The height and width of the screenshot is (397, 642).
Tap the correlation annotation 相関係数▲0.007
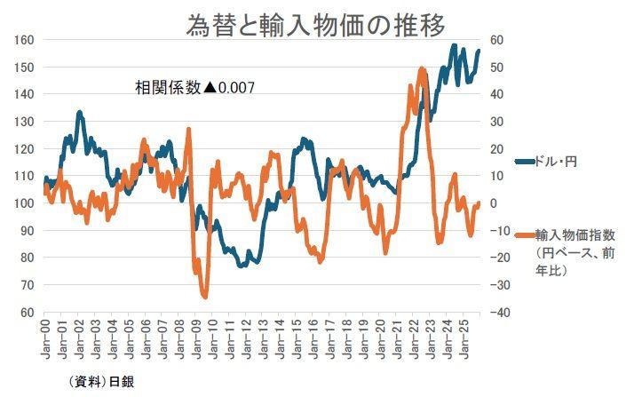pos(194,88)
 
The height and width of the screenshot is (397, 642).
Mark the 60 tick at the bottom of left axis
pos(27,313)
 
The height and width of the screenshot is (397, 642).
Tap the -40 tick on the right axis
pos(499,313)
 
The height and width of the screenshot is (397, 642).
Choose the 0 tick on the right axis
pos(494,203)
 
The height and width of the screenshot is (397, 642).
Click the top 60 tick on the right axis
pos(495,40)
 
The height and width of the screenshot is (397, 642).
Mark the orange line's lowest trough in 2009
pos(205,298)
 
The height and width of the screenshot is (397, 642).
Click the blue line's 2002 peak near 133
pos(80,113)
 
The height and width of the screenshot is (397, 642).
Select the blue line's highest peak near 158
pos(454,45)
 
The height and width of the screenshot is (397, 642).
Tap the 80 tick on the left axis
pos(27,258)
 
